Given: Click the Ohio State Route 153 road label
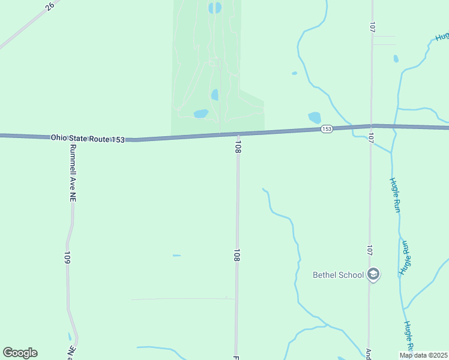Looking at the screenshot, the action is (88, 139).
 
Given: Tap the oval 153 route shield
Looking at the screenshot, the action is (327, 129).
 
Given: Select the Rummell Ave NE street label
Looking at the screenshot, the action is (73, 172).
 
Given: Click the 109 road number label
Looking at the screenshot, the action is (67, 259).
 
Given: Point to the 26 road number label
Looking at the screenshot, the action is (49, 6).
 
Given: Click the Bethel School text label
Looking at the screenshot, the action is (339, 275).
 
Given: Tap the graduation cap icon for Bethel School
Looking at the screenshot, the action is (373, 275).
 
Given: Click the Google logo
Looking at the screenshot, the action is (20, 353).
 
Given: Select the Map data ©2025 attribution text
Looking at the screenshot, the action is (423, 355).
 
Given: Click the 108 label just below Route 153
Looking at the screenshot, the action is (238, 147).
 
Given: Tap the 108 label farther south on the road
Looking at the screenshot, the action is (237, 256).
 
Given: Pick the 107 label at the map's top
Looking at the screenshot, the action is (373, 27).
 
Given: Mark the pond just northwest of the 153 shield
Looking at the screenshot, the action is (314, 118).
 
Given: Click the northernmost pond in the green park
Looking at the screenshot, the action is (214, 8).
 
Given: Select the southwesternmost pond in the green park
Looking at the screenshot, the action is (200, 113).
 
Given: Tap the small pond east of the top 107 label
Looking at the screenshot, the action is (396, 59).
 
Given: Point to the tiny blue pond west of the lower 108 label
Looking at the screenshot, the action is (176, 256).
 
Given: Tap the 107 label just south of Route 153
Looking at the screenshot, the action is (371, 138).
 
